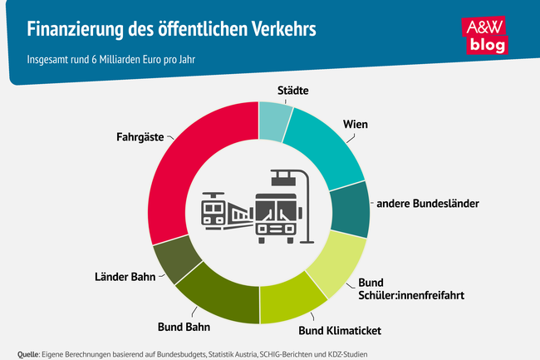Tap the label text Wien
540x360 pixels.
point(356,124)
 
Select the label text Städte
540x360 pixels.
point(287,91)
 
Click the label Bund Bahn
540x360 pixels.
point(184,325)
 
